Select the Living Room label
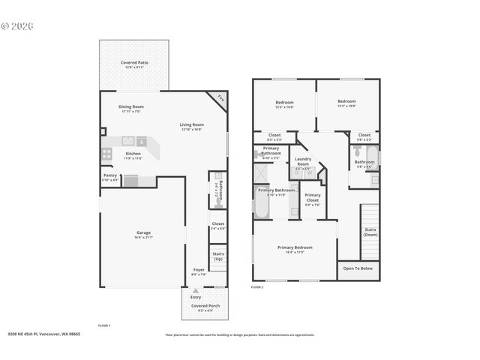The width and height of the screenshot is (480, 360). (x=191, y=126)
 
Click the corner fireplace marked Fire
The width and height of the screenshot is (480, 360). (x=220, y=97)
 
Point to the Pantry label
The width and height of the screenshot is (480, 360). (x=110, y=178)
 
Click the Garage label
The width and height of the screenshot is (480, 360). (x=143, y=234)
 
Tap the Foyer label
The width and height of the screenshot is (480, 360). (x=198, y=271)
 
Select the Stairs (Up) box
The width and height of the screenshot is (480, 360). (x=218, y=256)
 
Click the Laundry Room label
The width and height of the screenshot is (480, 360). (x=303, y=160)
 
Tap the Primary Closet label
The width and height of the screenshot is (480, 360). (x=313, y=197)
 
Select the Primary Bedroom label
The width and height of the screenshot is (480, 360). (x=295, y=249)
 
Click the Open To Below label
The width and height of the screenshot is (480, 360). (x=358, y=268)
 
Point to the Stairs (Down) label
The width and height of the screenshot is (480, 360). (x=370, y=232)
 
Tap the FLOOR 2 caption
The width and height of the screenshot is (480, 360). (x=257, y=287)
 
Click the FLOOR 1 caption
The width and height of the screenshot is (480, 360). (x=104, y=325)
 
